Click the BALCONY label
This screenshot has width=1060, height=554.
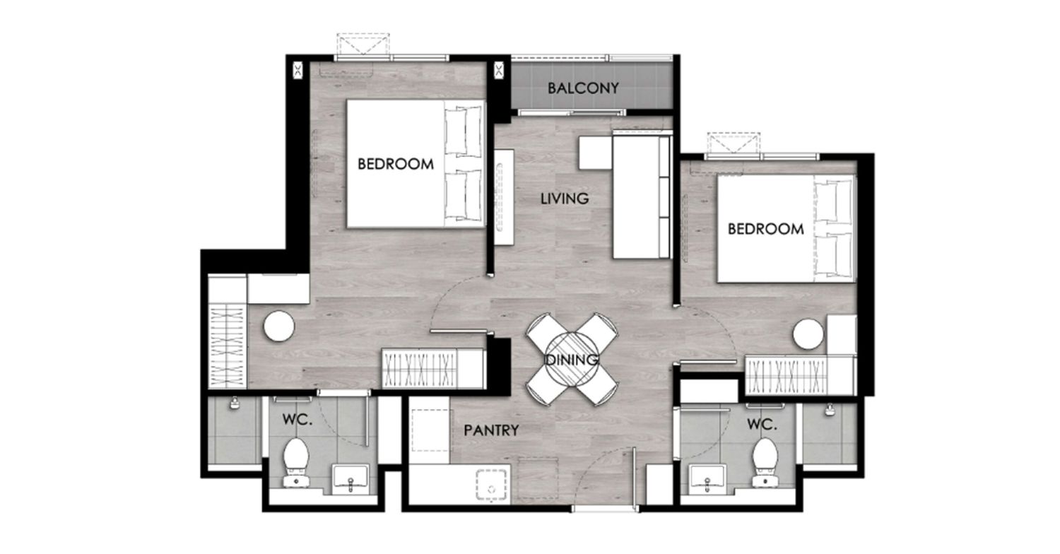tap(583, 88)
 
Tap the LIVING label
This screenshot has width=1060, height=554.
tap(565, 199)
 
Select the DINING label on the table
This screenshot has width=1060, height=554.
tap(572, 360)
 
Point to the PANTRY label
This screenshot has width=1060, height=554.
tap(491, 430)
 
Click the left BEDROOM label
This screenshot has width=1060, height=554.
tap(396, 164)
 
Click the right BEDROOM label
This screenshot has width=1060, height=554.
tap(765, 229)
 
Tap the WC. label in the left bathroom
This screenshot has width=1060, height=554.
tap(298, 419)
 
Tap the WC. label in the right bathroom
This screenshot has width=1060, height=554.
tap(762, 425)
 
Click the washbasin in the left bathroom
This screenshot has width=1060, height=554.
tap(351, 478)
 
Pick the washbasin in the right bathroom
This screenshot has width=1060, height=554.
tap(707, 478)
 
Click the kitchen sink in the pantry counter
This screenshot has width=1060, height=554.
tap(492, 485)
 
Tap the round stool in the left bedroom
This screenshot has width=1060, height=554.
tap(279, 326)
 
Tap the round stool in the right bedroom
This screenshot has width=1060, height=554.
tap(808, 334)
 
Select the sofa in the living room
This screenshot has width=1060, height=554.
tap(642, 196)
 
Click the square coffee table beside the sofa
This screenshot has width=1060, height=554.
tap(596, 153)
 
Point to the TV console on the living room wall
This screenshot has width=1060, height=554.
tap(505, 197)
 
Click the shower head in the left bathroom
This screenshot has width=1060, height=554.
tap(234, 403)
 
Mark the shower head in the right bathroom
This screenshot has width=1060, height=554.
tap(830, 410)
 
